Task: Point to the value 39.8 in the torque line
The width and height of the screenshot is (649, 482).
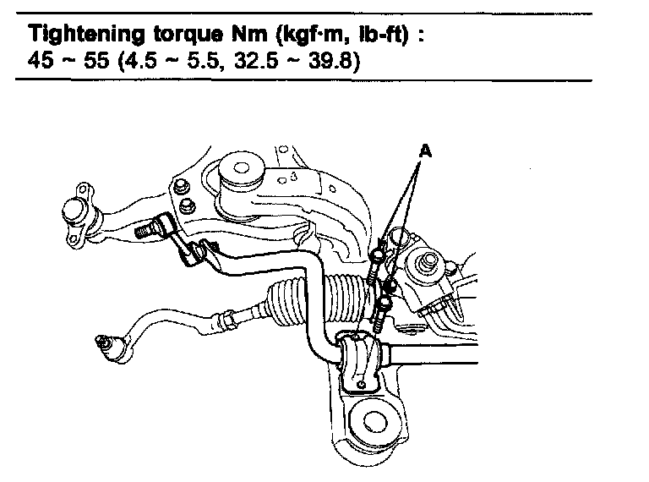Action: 335,63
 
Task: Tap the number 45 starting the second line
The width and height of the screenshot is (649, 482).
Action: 42,63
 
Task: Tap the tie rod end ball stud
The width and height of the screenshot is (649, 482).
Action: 106,343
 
